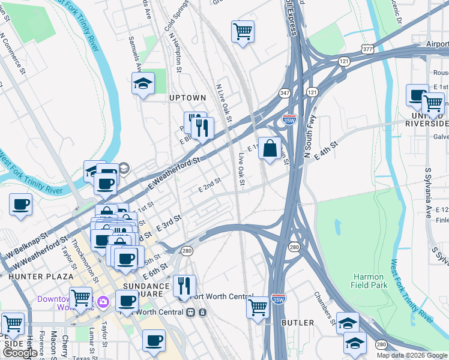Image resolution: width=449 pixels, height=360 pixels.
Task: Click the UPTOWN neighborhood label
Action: click(187, 97)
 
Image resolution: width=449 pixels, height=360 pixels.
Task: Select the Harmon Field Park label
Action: click(368, 281)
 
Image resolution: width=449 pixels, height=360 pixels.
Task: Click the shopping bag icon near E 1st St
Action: click(270, 147)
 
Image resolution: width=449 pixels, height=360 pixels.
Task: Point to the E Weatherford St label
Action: click(172, 170)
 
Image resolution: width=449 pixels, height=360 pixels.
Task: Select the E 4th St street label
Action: click(321, 148)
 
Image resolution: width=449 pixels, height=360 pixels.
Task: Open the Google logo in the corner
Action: click(20, 353)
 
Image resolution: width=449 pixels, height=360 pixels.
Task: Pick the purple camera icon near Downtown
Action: click(103, 300)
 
